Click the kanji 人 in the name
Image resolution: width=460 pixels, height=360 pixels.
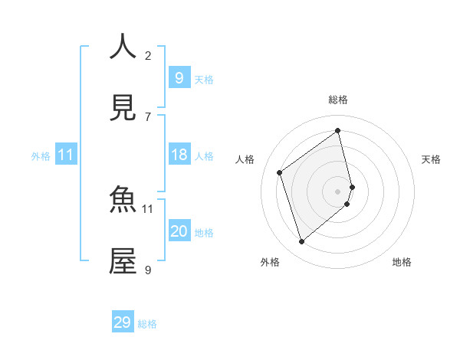click(123, 47)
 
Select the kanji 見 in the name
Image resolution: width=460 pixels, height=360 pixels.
click(123, 109)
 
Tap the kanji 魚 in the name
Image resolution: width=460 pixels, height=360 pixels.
click(123, 201)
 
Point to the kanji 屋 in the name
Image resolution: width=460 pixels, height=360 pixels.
click(123, 262)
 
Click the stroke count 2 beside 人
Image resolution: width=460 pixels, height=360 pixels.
click(148, 55)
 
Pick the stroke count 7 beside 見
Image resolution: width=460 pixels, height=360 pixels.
click(148, 116)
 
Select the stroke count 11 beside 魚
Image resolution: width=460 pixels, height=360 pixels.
click(148, 208)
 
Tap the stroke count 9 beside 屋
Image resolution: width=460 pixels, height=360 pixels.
click(148, 270)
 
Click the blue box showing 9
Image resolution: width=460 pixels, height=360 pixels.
click(179, 77)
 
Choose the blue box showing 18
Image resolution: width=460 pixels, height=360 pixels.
click(179, 155)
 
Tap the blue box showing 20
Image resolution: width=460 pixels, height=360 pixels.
click(179, 231)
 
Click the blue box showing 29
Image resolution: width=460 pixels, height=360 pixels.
click(123, 322)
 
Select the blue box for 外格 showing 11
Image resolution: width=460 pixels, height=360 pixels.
click(66, 155)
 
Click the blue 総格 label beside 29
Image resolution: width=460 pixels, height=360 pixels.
click(147, 324)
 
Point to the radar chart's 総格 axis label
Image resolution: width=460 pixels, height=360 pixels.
click(338, 100)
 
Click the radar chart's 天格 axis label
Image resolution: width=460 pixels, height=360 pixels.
click(432, 159)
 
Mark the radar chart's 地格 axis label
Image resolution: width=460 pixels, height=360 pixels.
click(402, 262)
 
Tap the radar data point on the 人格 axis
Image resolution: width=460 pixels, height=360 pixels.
click(280, 173)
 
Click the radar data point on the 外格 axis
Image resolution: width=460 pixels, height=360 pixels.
click(301, 242)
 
